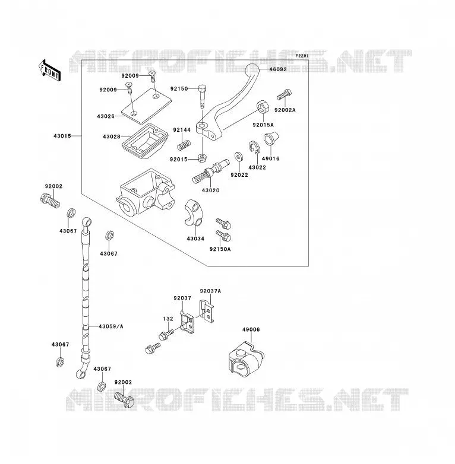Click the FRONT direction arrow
[49, 71]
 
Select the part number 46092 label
[278, 69]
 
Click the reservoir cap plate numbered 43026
[146, 106]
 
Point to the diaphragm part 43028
[145, 141]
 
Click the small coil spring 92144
[184, 145]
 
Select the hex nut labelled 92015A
[263, 107]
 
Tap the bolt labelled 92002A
[285, 95]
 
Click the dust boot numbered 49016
[271, 139]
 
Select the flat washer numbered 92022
[238, 157]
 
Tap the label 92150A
[220, 249]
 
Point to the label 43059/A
[111, 326]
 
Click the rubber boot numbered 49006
[246, 359]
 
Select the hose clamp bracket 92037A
[207, 311]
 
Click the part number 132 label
[168, 319]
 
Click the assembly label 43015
[62, 136]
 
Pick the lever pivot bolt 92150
[202, 97]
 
